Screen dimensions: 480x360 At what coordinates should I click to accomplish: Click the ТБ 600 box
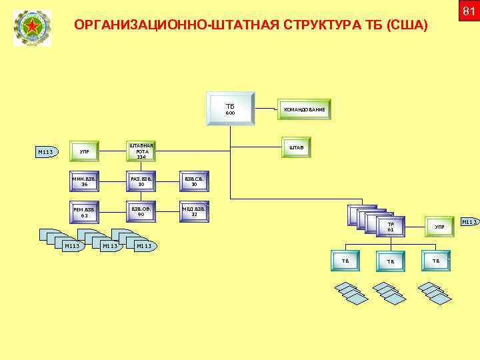click(x=230, y=110)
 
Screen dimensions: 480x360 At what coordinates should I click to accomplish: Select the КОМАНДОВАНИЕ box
click(x=304, y=109)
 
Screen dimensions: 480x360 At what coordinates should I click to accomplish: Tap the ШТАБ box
click(x=296, y=148)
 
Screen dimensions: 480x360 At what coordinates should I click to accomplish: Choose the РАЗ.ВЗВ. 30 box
click(x=141, y=182)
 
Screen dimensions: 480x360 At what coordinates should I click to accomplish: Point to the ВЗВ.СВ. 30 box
click(x=193, y=182)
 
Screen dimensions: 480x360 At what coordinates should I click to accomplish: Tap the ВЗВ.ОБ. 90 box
click(x=141, y=213)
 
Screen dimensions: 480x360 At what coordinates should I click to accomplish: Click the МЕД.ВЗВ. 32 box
click(x=193, y=213)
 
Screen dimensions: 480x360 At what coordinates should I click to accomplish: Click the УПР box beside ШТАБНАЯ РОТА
click(x=84, y=153)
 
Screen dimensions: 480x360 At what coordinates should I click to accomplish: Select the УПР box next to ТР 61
click(x=440, y=227)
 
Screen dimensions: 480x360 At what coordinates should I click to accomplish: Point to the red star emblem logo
click(x=31, y=28)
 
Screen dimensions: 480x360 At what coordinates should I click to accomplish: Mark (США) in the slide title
click(x=408, y=25)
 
